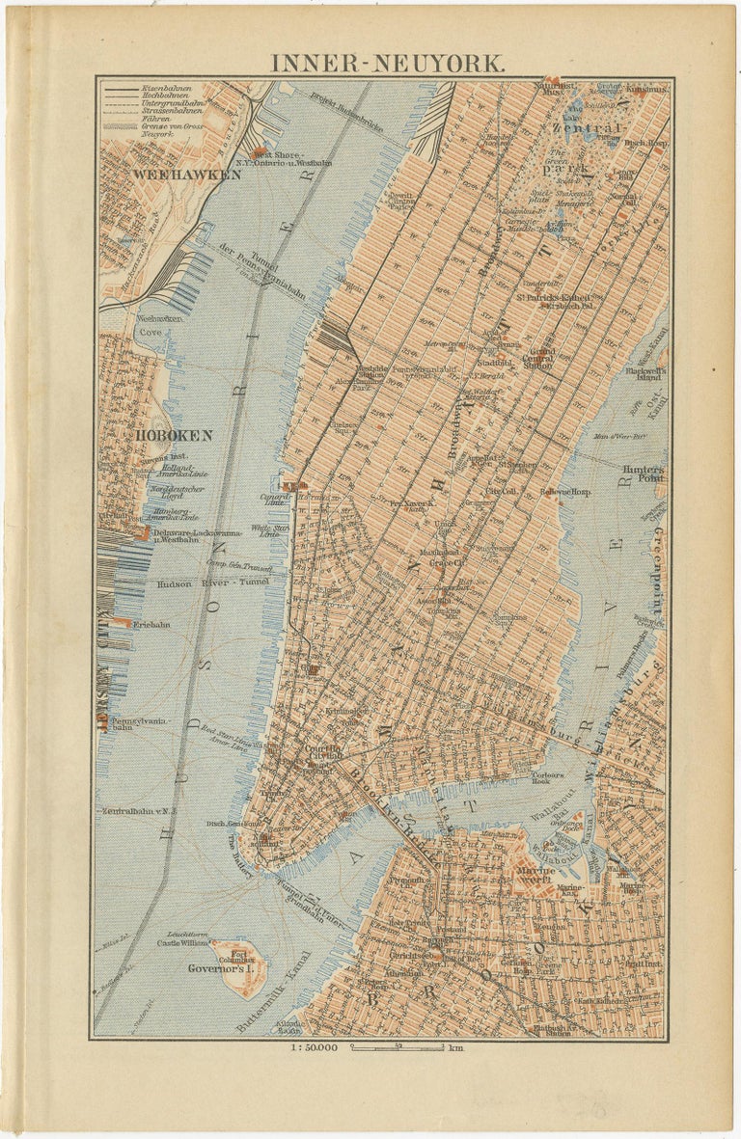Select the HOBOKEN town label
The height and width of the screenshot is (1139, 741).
click(174, 435)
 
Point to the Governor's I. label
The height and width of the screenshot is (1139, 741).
click(213, 967)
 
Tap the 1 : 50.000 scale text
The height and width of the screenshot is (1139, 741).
click(313, 1047)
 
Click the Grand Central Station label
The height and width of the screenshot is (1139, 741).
click(537, 359)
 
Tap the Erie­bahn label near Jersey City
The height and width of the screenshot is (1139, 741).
click(151, 624)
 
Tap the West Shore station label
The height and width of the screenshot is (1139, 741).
click(279, 154)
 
